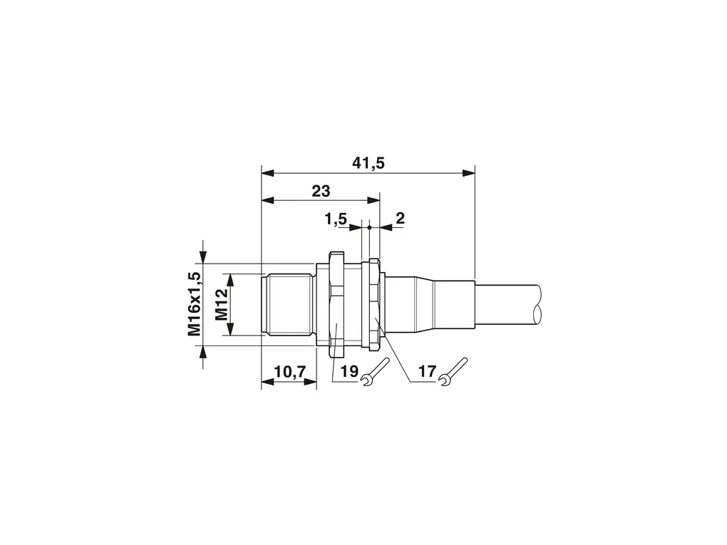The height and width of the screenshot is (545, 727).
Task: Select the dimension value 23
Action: point(321,190)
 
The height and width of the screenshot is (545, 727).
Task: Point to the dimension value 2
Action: point(400,218)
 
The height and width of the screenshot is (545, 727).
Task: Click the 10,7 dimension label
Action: point(290,371)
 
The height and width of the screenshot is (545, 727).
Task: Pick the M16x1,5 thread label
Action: point(195,303)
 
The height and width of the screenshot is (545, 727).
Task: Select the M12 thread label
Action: point(222,304)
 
